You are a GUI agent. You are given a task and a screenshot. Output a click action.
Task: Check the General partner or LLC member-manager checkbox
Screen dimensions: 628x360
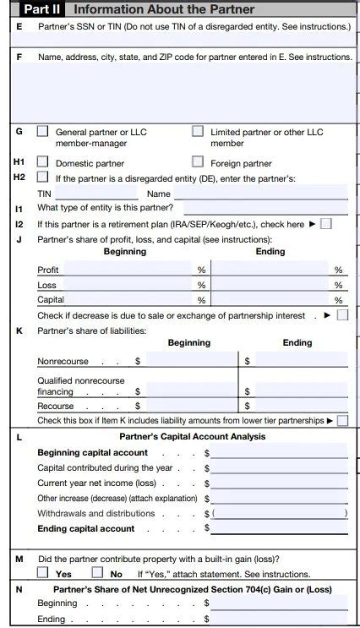point(43,132)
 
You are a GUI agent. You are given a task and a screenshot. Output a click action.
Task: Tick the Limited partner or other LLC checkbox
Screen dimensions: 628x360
point(198,132)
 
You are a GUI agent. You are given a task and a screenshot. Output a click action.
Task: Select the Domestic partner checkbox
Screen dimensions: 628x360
point(43,162)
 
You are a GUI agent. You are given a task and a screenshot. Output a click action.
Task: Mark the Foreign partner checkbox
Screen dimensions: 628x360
point(198,162)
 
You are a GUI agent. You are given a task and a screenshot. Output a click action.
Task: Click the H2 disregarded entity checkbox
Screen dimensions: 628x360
point(43,177)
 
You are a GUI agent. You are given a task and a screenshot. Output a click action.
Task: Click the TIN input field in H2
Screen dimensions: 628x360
point(96,193)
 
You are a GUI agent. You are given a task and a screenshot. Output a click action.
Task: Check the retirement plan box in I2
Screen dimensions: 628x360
point(325,224)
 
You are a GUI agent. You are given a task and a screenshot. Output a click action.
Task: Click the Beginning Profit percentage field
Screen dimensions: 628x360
point(128,268)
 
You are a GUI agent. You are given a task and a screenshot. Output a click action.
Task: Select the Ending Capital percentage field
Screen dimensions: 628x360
point(270,299)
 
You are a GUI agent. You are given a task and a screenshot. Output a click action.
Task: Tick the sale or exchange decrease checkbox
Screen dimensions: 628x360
point(342,315)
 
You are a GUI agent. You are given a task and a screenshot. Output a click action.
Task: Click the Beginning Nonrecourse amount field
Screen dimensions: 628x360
point(191,360)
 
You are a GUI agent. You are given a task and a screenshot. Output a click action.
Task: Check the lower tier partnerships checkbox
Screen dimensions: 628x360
point(342,420)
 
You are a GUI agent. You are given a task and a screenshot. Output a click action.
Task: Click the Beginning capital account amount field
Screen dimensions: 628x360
point(279,452)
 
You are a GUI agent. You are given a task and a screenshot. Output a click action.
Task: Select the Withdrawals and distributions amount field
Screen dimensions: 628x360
point(279,513)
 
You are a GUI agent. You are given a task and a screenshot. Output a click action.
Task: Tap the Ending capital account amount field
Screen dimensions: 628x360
point(279,528)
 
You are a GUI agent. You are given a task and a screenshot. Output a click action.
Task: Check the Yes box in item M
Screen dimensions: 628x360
point(43,573)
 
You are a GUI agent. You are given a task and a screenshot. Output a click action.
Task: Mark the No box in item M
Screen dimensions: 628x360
point(97,573)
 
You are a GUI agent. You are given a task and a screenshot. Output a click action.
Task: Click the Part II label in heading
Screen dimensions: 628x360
point(42,9)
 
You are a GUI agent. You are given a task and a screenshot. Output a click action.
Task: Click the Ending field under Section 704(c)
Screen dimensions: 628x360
point(279,618)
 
